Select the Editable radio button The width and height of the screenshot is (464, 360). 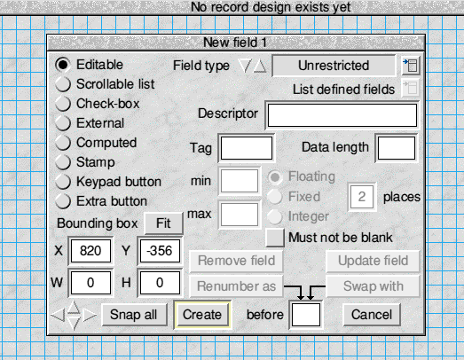click(x=63, y=65)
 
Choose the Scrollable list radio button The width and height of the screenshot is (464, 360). click(x=63, y=84)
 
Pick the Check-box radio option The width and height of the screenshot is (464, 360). click(x=63, y=104)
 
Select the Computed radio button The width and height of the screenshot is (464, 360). click(x=63, y=143)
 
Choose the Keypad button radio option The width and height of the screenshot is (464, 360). click(x=63, y=182)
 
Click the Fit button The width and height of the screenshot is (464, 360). click(x=163, y=223)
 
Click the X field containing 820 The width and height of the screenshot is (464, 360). click(x=90, y=251)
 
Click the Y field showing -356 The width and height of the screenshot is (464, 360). click(x=160, y=251)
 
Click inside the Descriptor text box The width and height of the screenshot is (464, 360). click(x=342, y=115)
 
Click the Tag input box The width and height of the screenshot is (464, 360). click(x=247, y=148)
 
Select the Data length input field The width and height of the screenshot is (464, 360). click(x=397, y=148)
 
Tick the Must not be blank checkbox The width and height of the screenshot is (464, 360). click(x=275, y=238)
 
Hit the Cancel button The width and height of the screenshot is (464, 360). click(x=372, y=315)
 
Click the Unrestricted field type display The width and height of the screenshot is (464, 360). click(x=334, y=66)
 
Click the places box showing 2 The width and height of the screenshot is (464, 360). click(x=362, y=197)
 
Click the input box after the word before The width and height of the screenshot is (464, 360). click(x=306, y=315)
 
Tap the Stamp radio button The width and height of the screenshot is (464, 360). click(x=63, y=162)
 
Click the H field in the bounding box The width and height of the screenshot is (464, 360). click(x=160, y=283)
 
